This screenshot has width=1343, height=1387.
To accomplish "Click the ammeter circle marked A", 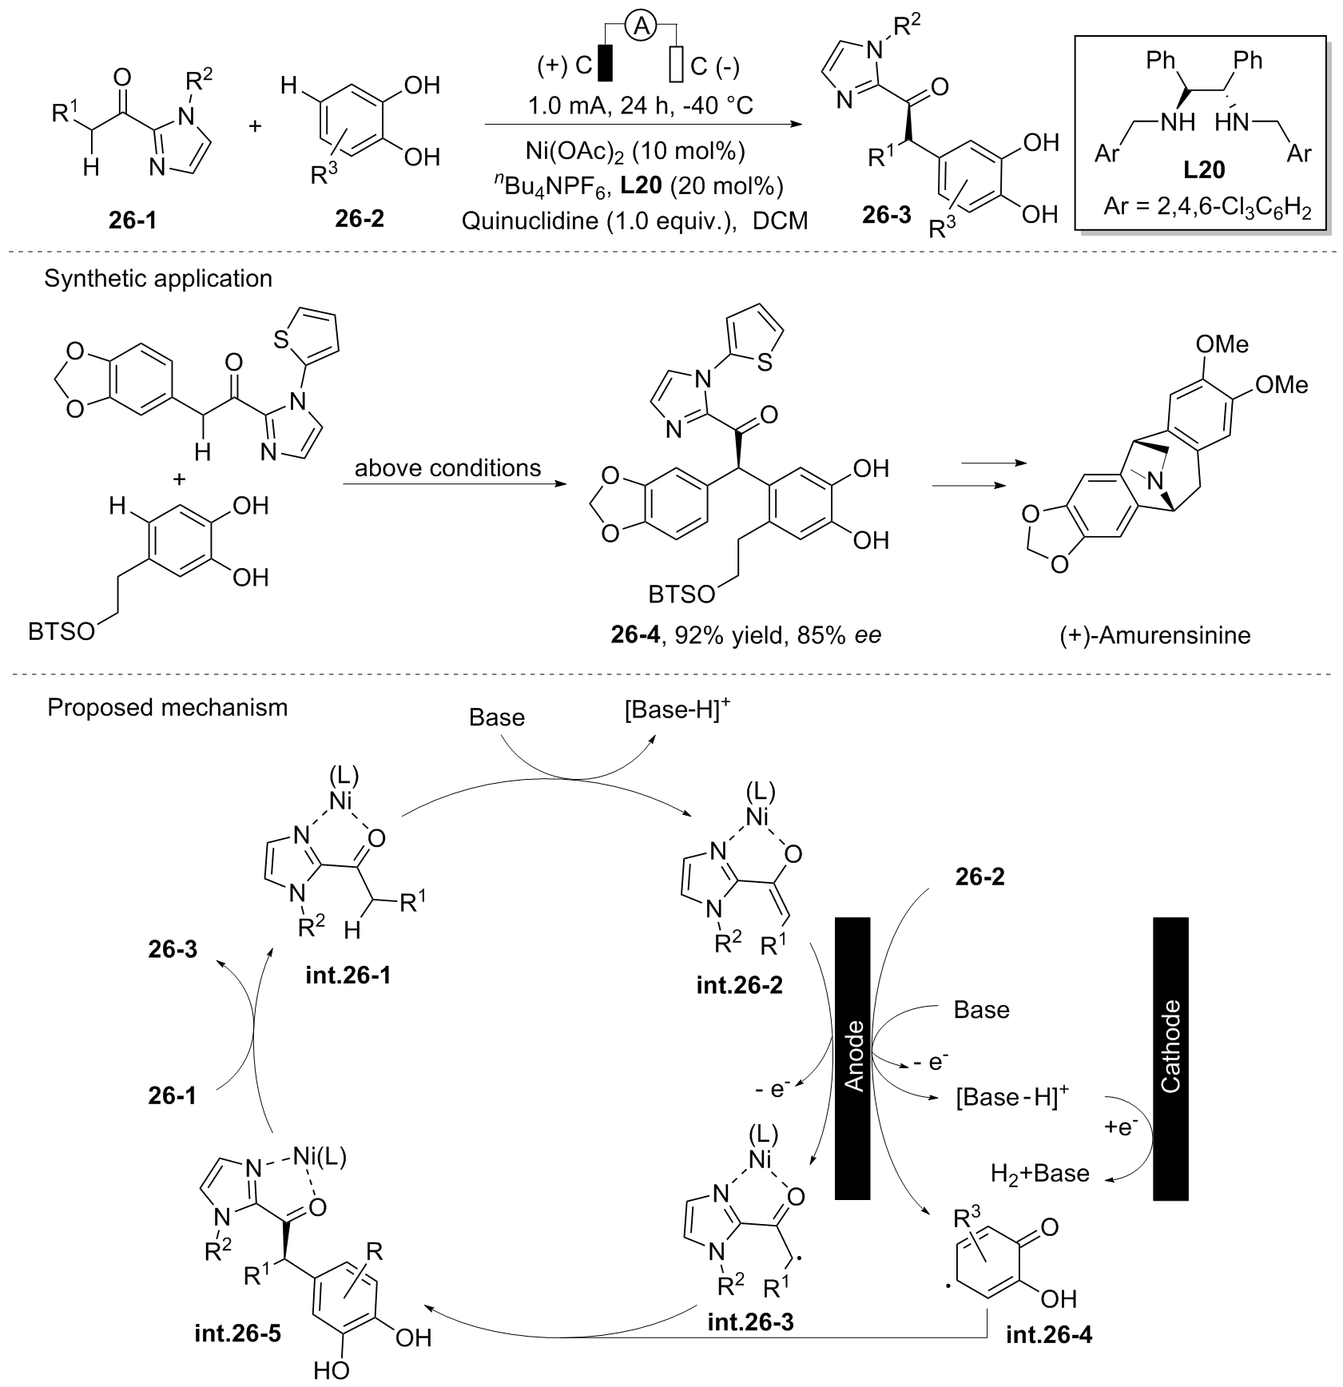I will coord(639,27).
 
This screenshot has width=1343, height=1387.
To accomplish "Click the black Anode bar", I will coord(852,1058).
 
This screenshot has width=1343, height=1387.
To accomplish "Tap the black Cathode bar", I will coord(1170,1058).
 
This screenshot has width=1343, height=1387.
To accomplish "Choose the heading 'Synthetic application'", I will coord(158,278).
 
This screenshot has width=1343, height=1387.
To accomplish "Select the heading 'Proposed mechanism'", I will coord(167,708).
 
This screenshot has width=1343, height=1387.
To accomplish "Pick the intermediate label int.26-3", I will coord(750,1344).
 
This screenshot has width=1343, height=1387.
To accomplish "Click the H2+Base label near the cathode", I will coord(1039,1173).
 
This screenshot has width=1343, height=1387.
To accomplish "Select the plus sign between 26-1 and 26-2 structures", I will coord(256,127).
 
